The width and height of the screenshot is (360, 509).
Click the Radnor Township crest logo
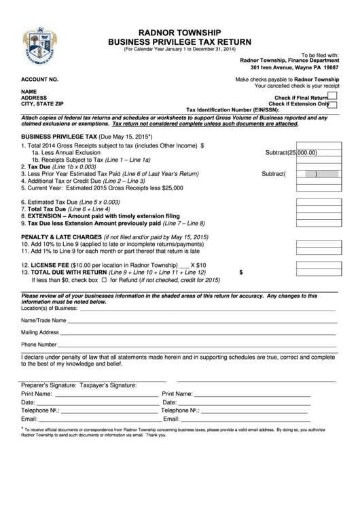click(36, 43)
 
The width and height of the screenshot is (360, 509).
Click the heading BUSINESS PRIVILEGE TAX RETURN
click(179, 41)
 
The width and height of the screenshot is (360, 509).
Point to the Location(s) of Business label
click(49, 308)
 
